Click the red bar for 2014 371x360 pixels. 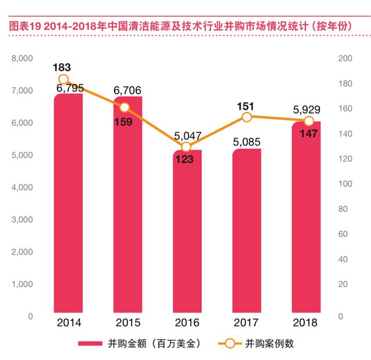68,203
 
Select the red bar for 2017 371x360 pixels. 246,231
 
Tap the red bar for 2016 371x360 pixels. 187,231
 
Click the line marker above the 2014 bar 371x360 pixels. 63,79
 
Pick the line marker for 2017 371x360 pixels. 247,117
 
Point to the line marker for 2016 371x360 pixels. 186,147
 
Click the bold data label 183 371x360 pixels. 62,67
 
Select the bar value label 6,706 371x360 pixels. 128,90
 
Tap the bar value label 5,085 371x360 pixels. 246,142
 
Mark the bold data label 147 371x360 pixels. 308,134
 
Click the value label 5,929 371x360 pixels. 307,110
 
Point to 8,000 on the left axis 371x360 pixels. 22,59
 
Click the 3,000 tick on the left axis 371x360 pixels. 22,220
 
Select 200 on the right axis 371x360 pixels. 345,58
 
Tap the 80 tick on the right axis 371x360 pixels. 343,209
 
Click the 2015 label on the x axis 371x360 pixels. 128,322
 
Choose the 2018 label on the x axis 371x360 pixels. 305,322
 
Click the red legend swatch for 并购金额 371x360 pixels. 90,343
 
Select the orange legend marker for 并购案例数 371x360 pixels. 230,343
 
